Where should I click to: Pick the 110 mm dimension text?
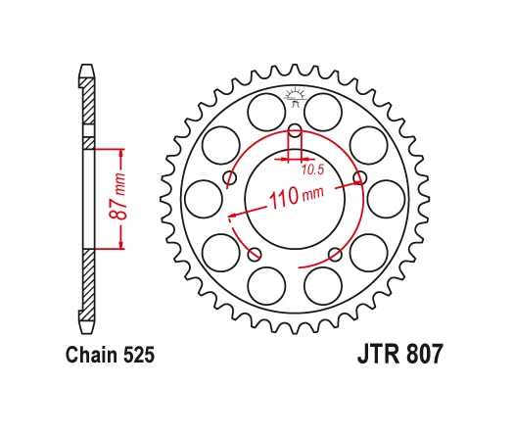pos(296,197)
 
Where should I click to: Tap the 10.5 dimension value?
pos(312,170)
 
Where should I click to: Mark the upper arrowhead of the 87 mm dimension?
pos(121,153)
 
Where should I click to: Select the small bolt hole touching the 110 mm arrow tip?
pos(359,177)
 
